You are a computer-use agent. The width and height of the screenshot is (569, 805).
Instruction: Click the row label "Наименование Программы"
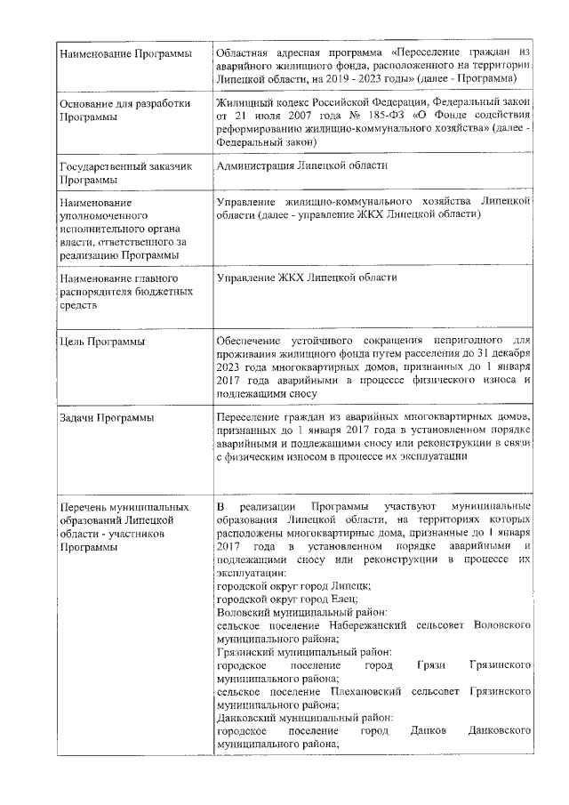pos(124,56)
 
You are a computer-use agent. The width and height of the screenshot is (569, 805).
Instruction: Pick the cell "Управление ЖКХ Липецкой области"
pos(306,278)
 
